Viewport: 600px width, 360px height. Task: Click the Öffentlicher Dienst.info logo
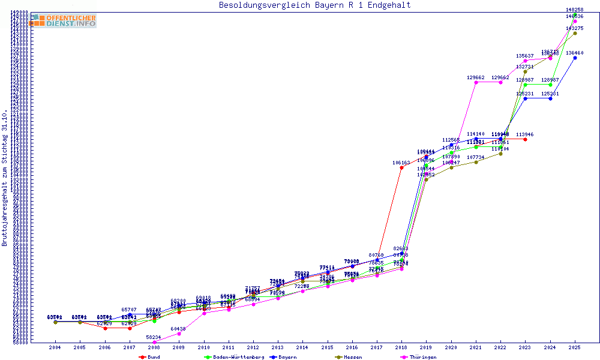point(64,21)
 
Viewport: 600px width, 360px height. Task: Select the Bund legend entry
point(149,357)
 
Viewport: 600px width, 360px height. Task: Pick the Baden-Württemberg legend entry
point(234,357)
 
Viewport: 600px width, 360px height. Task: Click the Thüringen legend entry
point(420,357)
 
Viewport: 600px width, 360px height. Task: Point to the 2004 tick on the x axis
point(55,347)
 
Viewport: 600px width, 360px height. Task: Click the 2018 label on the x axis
point(401,347)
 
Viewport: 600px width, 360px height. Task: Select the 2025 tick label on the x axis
point(575,347)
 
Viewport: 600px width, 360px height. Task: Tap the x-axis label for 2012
point(253,347)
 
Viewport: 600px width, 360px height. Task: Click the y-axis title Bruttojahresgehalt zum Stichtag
point(5,178)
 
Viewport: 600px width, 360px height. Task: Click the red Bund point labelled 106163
point(401,168)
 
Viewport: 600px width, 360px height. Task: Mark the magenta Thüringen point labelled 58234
point(154,342)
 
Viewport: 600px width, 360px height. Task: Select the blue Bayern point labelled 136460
point(575,58)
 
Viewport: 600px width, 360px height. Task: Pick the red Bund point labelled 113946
point(525,139)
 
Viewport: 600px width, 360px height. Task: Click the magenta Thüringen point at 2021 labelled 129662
point(476,82)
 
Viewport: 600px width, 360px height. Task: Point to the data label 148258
point(575,10)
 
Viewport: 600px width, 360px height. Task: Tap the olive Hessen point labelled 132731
point(525,72)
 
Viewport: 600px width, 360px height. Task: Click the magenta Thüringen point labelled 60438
point(179,334)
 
